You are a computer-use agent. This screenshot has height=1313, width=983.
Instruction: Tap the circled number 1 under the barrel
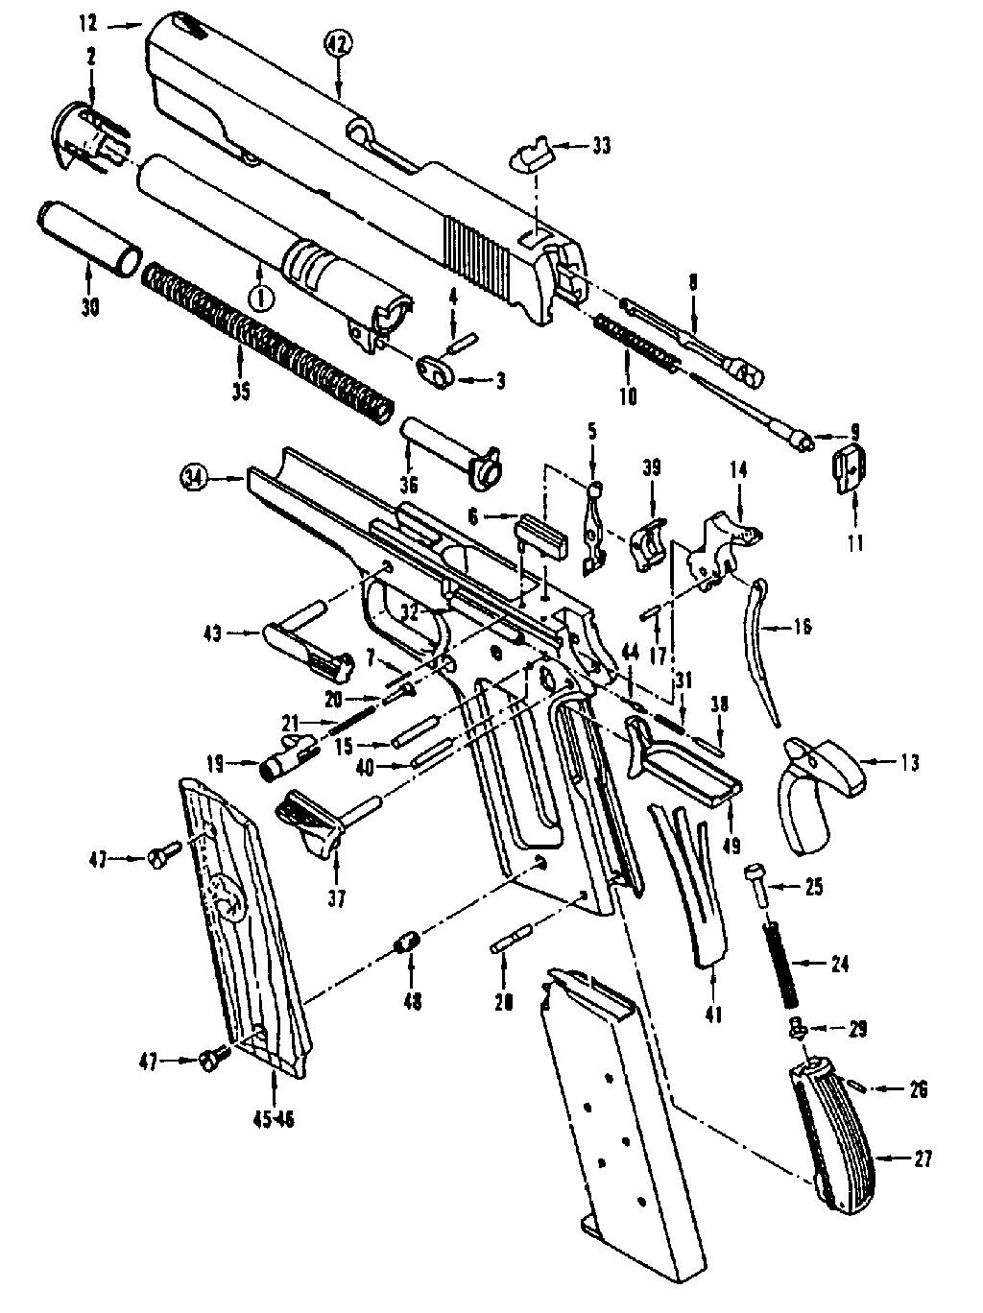(x=260, y=297)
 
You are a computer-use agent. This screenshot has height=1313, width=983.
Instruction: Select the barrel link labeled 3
(x=434, y=369)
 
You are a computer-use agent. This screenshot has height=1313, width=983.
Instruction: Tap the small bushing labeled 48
(x=407, y=942)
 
